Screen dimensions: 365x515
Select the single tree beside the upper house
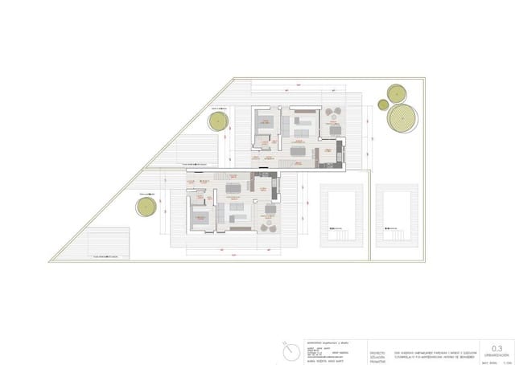[217, 122]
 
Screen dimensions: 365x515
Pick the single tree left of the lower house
[145, 206]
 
